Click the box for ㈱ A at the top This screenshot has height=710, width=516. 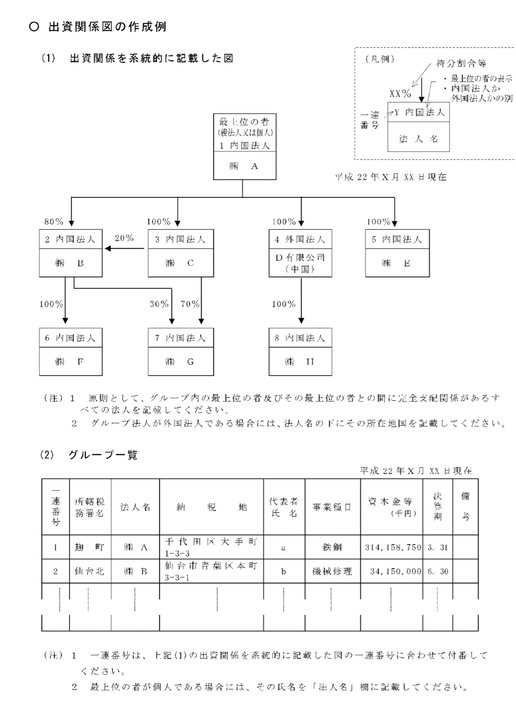[x=244, y=147]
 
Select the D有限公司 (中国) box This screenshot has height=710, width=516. [x=300, y=253]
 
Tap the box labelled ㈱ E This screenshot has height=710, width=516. [x=397, y=253]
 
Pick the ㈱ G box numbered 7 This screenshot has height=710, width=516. [x=181, y=351]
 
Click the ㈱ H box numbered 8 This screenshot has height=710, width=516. [x=300, y=351]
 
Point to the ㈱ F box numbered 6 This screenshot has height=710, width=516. [x=71, y=351]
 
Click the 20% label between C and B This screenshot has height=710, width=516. [x=124, y=238]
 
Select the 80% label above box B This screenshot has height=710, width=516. [x=54, y=222]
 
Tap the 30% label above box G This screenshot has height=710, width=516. [x=159, y=304]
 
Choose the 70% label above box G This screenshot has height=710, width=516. [x=190, y=304]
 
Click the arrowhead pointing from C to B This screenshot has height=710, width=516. [x=108, y=249]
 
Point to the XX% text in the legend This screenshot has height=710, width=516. [x=400, y=93]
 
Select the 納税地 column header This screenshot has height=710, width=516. [x=211, y=507]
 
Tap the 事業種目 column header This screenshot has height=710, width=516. [x=332, y=507]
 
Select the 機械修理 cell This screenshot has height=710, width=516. [x=332, y=571]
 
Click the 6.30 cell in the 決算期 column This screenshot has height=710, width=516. [x=438, y=571]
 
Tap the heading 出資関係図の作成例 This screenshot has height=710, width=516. [x=107, y=27]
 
